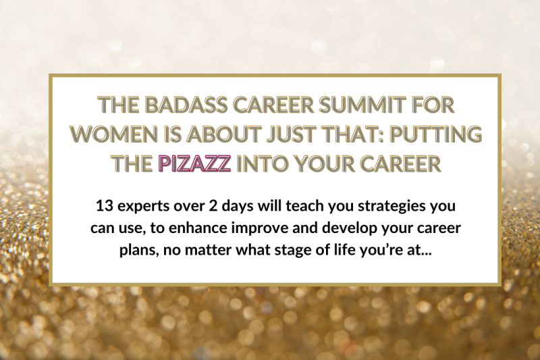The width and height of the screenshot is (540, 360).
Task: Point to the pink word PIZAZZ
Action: [x=194, y=163]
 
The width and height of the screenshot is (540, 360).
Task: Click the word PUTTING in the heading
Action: [x=435, y=134]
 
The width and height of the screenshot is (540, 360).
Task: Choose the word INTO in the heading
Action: [x=264, y=163]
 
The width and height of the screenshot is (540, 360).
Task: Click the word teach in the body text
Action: [x=302, y=206]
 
